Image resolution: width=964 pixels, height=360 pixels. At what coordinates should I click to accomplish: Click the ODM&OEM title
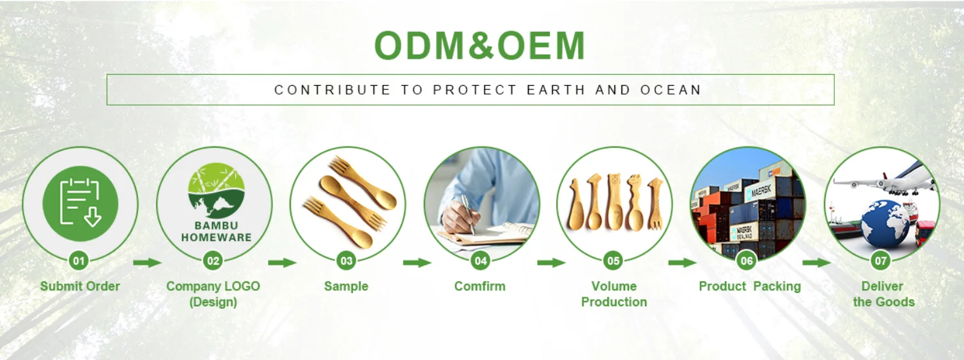tap(480, 45)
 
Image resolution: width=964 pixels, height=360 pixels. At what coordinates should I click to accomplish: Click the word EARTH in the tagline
tap(556, 90)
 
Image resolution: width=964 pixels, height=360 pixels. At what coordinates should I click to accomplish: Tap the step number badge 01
tap(79, 260)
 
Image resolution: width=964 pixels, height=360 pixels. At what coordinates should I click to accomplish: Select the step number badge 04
tap(480, 260)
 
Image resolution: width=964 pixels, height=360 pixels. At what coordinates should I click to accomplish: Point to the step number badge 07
tap(880, 260)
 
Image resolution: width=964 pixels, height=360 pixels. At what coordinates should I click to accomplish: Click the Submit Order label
tap(80, 286)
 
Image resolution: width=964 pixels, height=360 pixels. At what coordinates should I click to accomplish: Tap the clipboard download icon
tap(81, 203)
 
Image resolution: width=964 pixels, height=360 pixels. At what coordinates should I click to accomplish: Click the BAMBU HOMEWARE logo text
tap(216, 231)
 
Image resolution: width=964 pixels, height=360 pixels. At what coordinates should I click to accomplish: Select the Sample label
tap(346, 286)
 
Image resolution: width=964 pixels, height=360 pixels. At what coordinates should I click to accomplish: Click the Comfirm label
tap(480, 286)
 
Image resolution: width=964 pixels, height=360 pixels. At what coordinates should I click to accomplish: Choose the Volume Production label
tap(614, 294)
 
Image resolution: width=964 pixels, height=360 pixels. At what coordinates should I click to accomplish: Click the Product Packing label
tap(750, 286)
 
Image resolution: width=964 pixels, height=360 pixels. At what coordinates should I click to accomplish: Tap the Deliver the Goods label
tap(883, 294)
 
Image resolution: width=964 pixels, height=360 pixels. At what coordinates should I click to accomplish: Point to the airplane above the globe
tap(887, 180)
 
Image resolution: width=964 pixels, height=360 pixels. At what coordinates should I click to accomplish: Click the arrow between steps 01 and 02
tap(147, 262)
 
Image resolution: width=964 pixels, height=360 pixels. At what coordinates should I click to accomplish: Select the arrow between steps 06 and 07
tap(816, 262)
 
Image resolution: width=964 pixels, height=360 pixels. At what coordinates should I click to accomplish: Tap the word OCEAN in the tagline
tap(671, 90)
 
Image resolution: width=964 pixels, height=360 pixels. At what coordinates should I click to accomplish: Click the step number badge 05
tap(613, 260)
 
